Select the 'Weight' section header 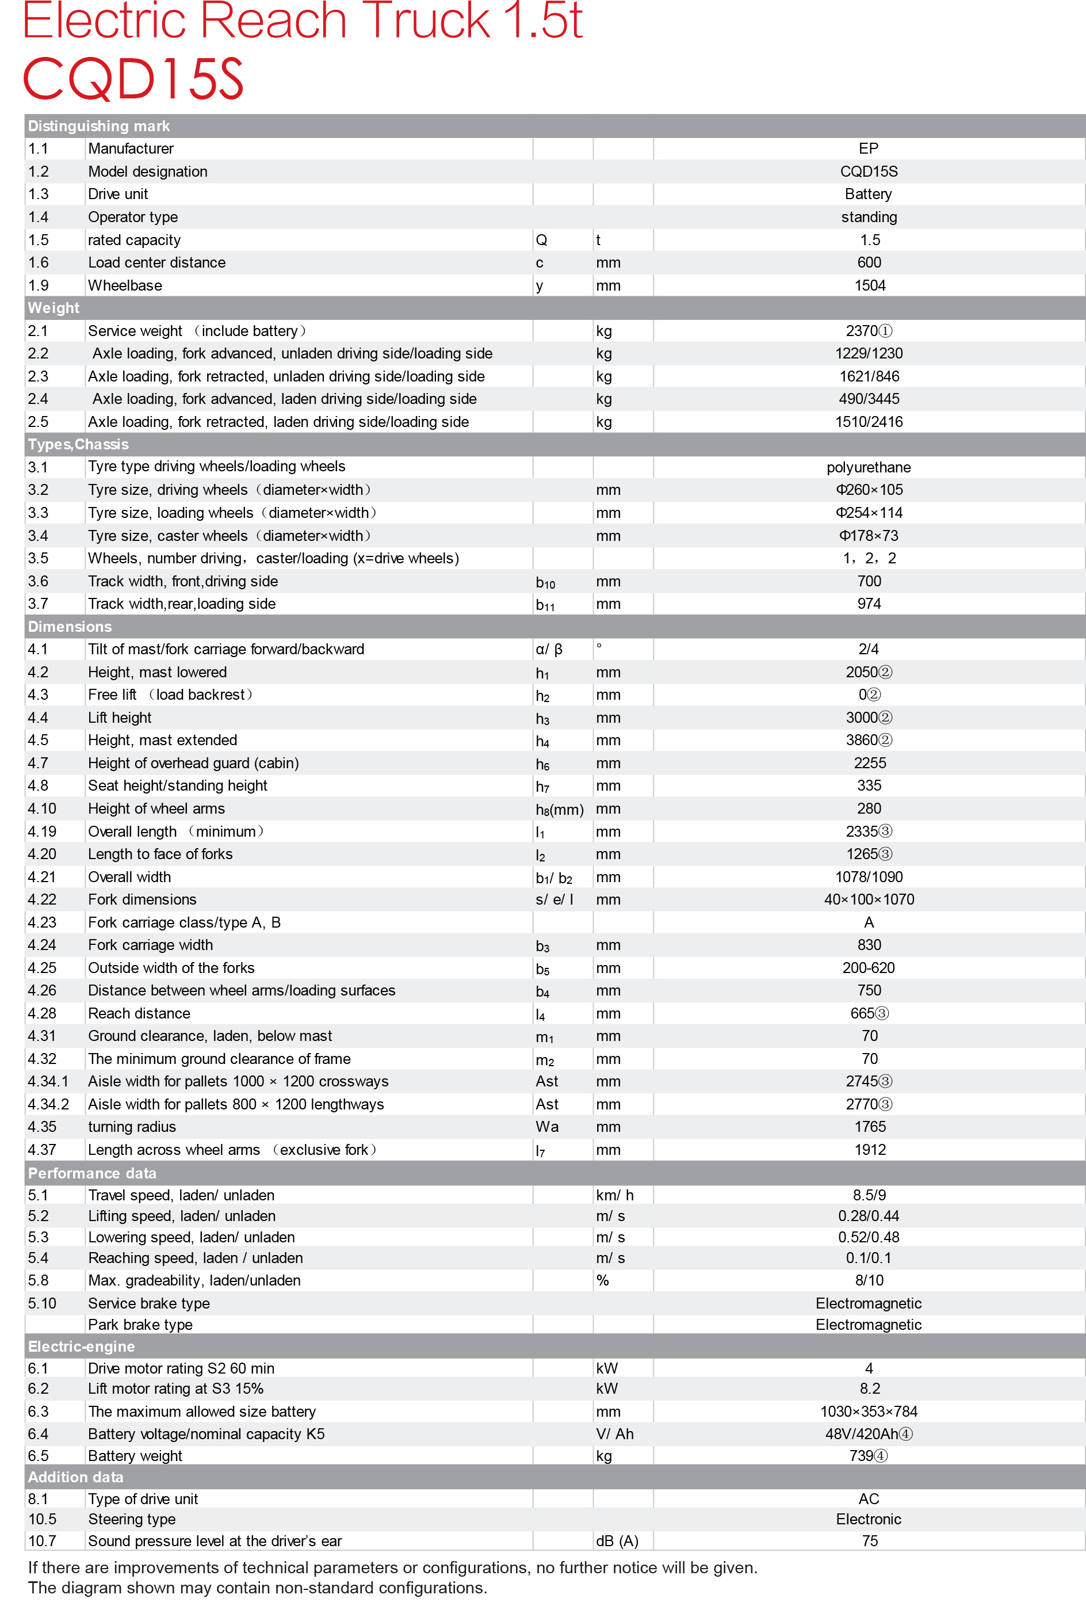pyautogui.click(x=53, y=308)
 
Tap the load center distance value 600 pyautogui.click(x=869, y=262)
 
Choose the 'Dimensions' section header pyautogui.click(x=70, y=627)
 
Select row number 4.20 pyautogui.click(x=42, y=854)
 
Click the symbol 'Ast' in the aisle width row pyautogui.click(x=546, y=1082)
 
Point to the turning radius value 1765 pyautogui.click(x=870, y=1127)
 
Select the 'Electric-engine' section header pyautogui.click(x=81, y=1347)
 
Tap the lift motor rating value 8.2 pyautogui.click(x=870, y=1389)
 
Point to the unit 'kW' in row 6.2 pyautogui.click(x=606, y=1389)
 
